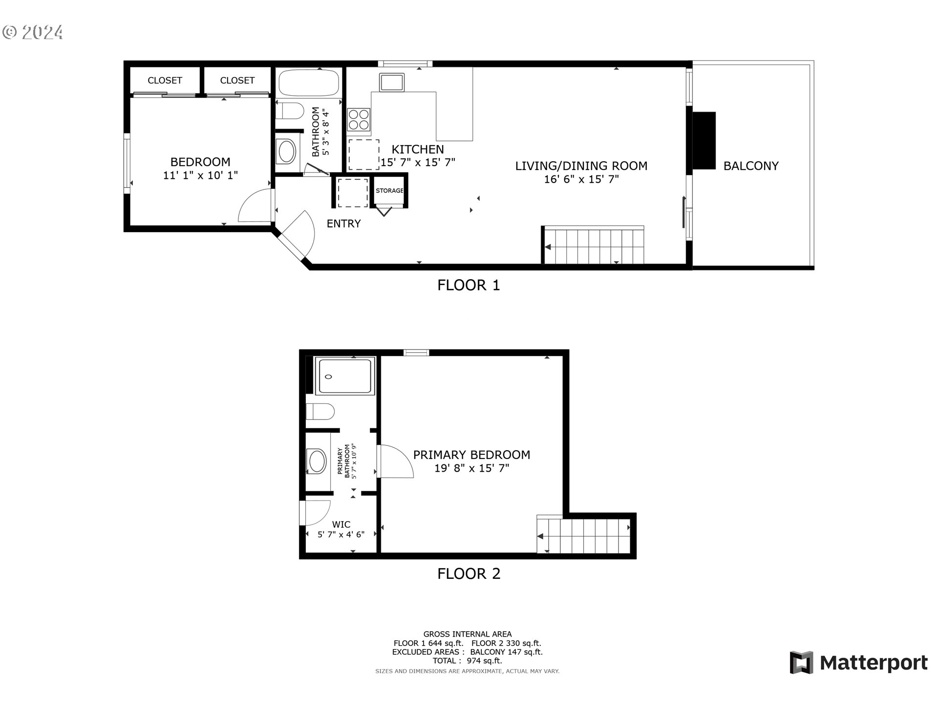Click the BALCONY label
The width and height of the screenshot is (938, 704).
pos(750,166)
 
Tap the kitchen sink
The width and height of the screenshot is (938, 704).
pos(392,82)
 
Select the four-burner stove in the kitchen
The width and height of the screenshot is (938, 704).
pos(359,119)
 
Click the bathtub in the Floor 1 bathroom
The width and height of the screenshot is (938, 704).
pos(309,83)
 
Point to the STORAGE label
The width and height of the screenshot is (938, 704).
pos(389,191)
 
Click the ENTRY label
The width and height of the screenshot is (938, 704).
pos(343,224)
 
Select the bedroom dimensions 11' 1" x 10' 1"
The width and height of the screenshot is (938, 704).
pos(200,176)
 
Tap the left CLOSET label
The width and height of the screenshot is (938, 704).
pos(165,81)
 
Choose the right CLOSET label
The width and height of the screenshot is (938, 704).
pos(237,81)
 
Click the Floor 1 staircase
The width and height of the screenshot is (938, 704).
pos(594,246)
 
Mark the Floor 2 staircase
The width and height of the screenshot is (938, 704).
pos(584,536)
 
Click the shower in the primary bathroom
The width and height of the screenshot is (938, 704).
pos(345,376)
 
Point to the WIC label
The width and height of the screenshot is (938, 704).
pos(341,525)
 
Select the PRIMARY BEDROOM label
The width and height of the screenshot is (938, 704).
pos(471,455)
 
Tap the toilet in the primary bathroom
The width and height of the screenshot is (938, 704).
pos(320,411)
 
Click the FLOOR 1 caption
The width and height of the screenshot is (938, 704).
pos(469,286)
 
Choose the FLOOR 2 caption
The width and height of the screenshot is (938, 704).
pos(469,574)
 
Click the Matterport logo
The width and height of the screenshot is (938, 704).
pos(858,663)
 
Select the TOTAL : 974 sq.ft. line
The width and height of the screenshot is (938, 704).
pos(467,661)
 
